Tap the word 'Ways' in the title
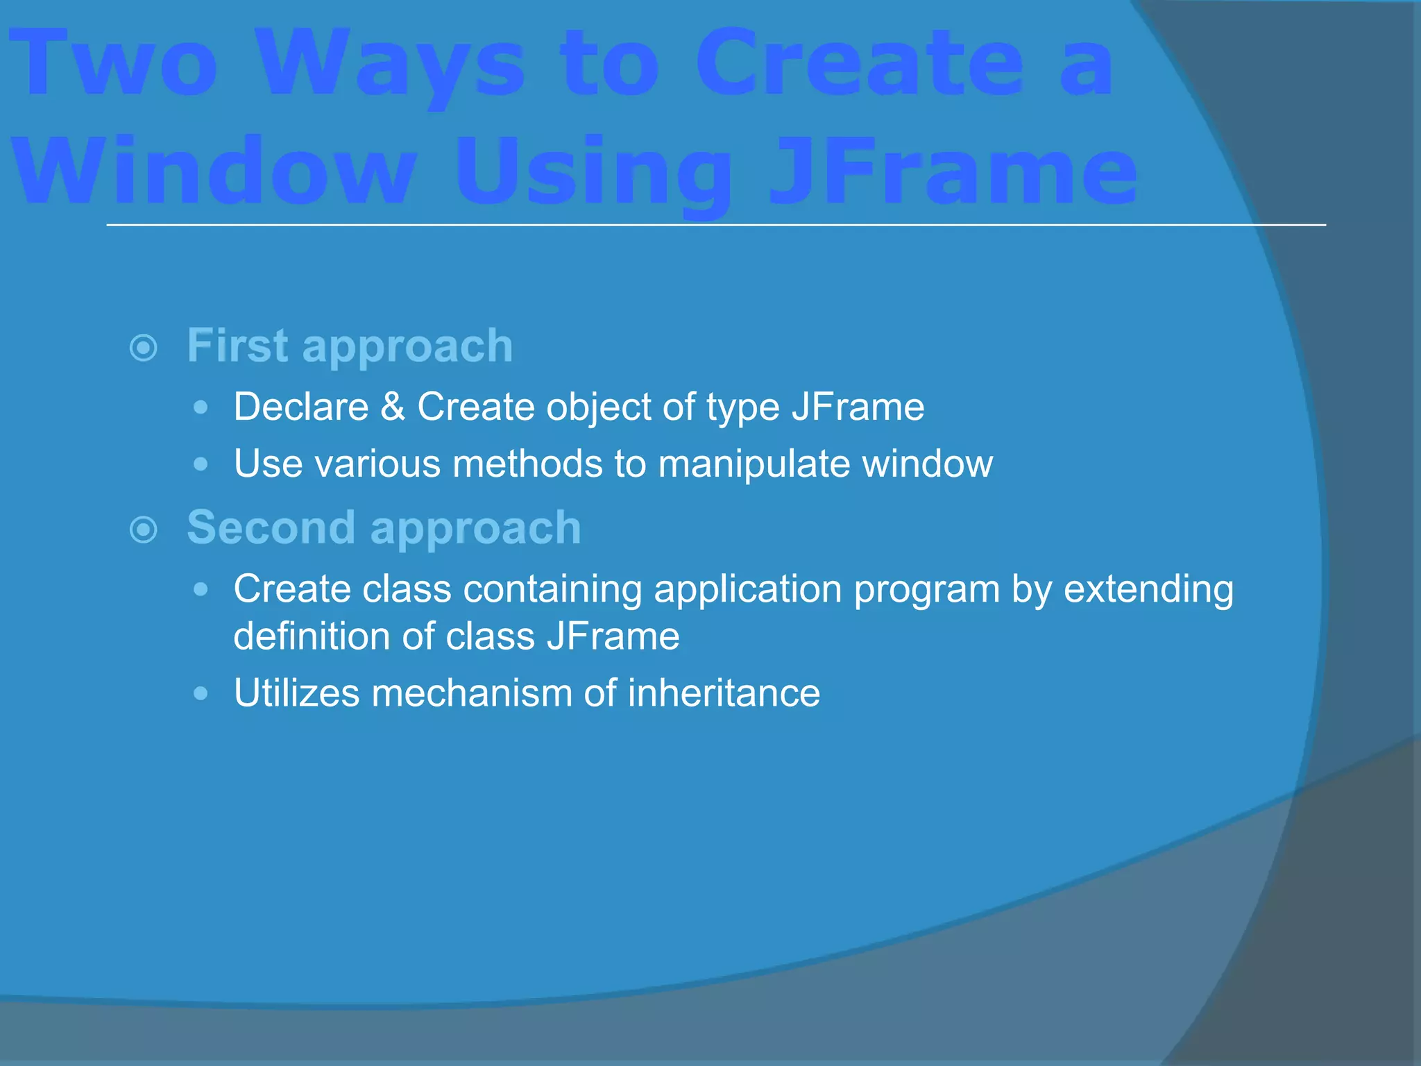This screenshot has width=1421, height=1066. [x=392, y=66]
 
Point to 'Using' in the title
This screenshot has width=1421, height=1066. [x=593, y=174]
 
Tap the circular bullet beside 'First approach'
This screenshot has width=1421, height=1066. [x=144, y=348]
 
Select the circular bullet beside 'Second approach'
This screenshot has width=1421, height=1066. [x=144, y=530]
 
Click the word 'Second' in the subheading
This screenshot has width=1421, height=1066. [x=271, y=527]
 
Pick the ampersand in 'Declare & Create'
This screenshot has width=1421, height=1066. [x=393, y=407]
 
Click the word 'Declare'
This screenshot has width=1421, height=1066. [x=301, y=407]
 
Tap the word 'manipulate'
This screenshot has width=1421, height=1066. [x=754, y=464]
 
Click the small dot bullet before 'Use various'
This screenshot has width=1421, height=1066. [x=201, y=464]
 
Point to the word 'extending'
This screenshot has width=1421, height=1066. [x=1148, y=590]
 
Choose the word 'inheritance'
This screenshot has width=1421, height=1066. [x=724, y=693]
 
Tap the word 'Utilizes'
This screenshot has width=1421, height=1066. [x=296, y=693]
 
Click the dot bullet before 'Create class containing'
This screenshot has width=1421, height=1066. [x=201, y=590]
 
